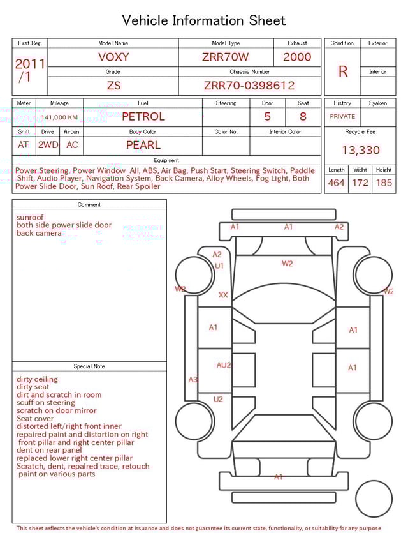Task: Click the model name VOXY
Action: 113,57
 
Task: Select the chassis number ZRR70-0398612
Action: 249,86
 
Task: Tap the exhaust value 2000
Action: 297,57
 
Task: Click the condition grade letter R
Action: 343,71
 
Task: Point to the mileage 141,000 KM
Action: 59,117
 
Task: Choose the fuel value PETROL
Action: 143,117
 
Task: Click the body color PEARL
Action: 143,145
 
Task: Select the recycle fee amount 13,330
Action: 360,151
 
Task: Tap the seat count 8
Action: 303,117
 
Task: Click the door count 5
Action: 267,117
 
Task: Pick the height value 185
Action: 384,183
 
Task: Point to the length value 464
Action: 336,183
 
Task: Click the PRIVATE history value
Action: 342,117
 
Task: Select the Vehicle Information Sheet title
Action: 204,20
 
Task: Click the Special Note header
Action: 89,366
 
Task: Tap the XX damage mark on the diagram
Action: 223,295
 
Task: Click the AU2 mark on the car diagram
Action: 224,366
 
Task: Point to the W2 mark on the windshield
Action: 288,263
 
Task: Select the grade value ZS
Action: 113,86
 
